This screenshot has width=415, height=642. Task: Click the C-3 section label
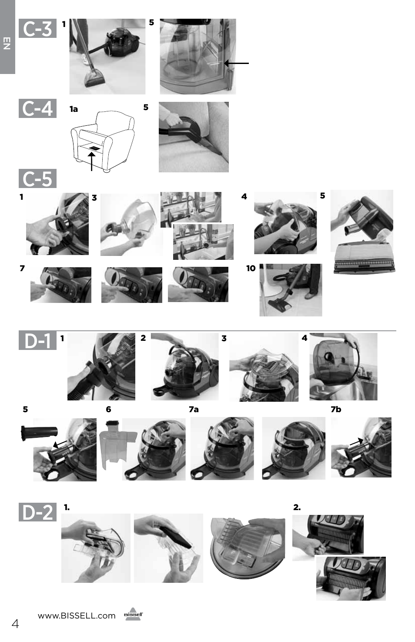coord(37,28)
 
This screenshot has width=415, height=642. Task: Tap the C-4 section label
coord(37,108)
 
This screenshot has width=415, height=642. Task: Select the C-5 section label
coord(37,178)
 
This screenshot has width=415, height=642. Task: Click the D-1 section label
coord(37,340)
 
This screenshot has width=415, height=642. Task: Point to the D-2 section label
coord(37,512)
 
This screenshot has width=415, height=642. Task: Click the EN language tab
coord(7,43)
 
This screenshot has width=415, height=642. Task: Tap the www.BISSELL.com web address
coord(77,615)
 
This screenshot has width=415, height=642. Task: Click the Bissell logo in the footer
coord(134,614)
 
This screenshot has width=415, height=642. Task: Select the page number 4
coord(15,624)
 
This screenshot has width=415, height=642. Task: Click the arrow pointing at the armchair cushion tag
coord(92,161)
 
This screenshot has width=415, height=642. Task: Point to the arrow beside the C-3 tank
coord(236,63)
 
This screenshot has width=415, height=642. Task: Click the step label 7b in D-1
coord(336,409)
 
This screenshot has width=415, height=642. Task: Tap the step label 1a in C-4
coord(74,109)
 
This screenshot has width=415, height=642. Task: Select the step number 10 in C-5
coord(251,268)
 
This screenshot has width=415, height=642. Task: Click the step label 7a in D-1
coord(194,409)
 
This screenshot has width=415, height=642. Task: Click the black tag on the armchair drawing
coord(94,148)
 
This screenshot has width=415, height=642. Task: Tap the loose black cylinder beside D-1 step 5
coord(39,433)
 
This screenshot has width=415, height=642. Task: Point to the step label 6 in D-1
coord(108,409)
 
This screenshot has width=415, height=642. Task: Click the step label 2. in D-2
coord(297,508)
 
